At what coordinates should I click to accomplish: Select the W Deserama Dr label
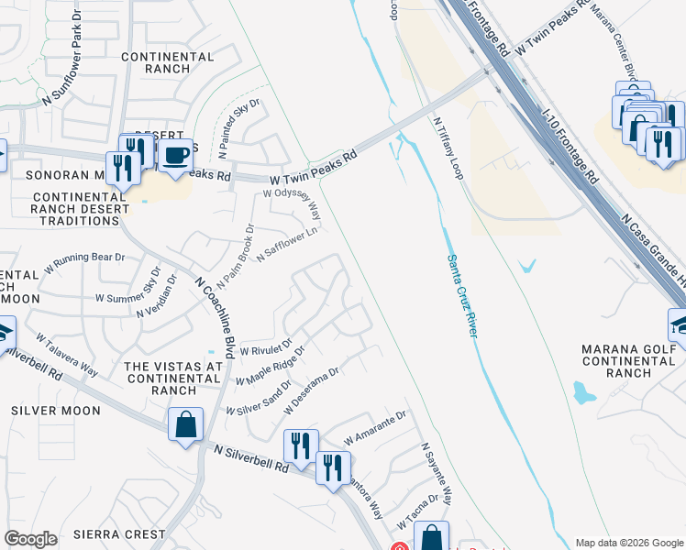(x=312, y=391)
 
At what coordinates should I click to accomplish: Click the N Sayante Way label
(x=437, y=475)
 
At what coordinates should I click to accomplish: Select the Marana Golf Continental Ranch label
(x=628, y=360)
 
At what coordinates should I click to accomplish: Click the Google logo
(x=31, y=539)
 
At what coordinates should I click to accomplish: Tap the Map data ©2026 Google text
(x=628, y=543)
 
